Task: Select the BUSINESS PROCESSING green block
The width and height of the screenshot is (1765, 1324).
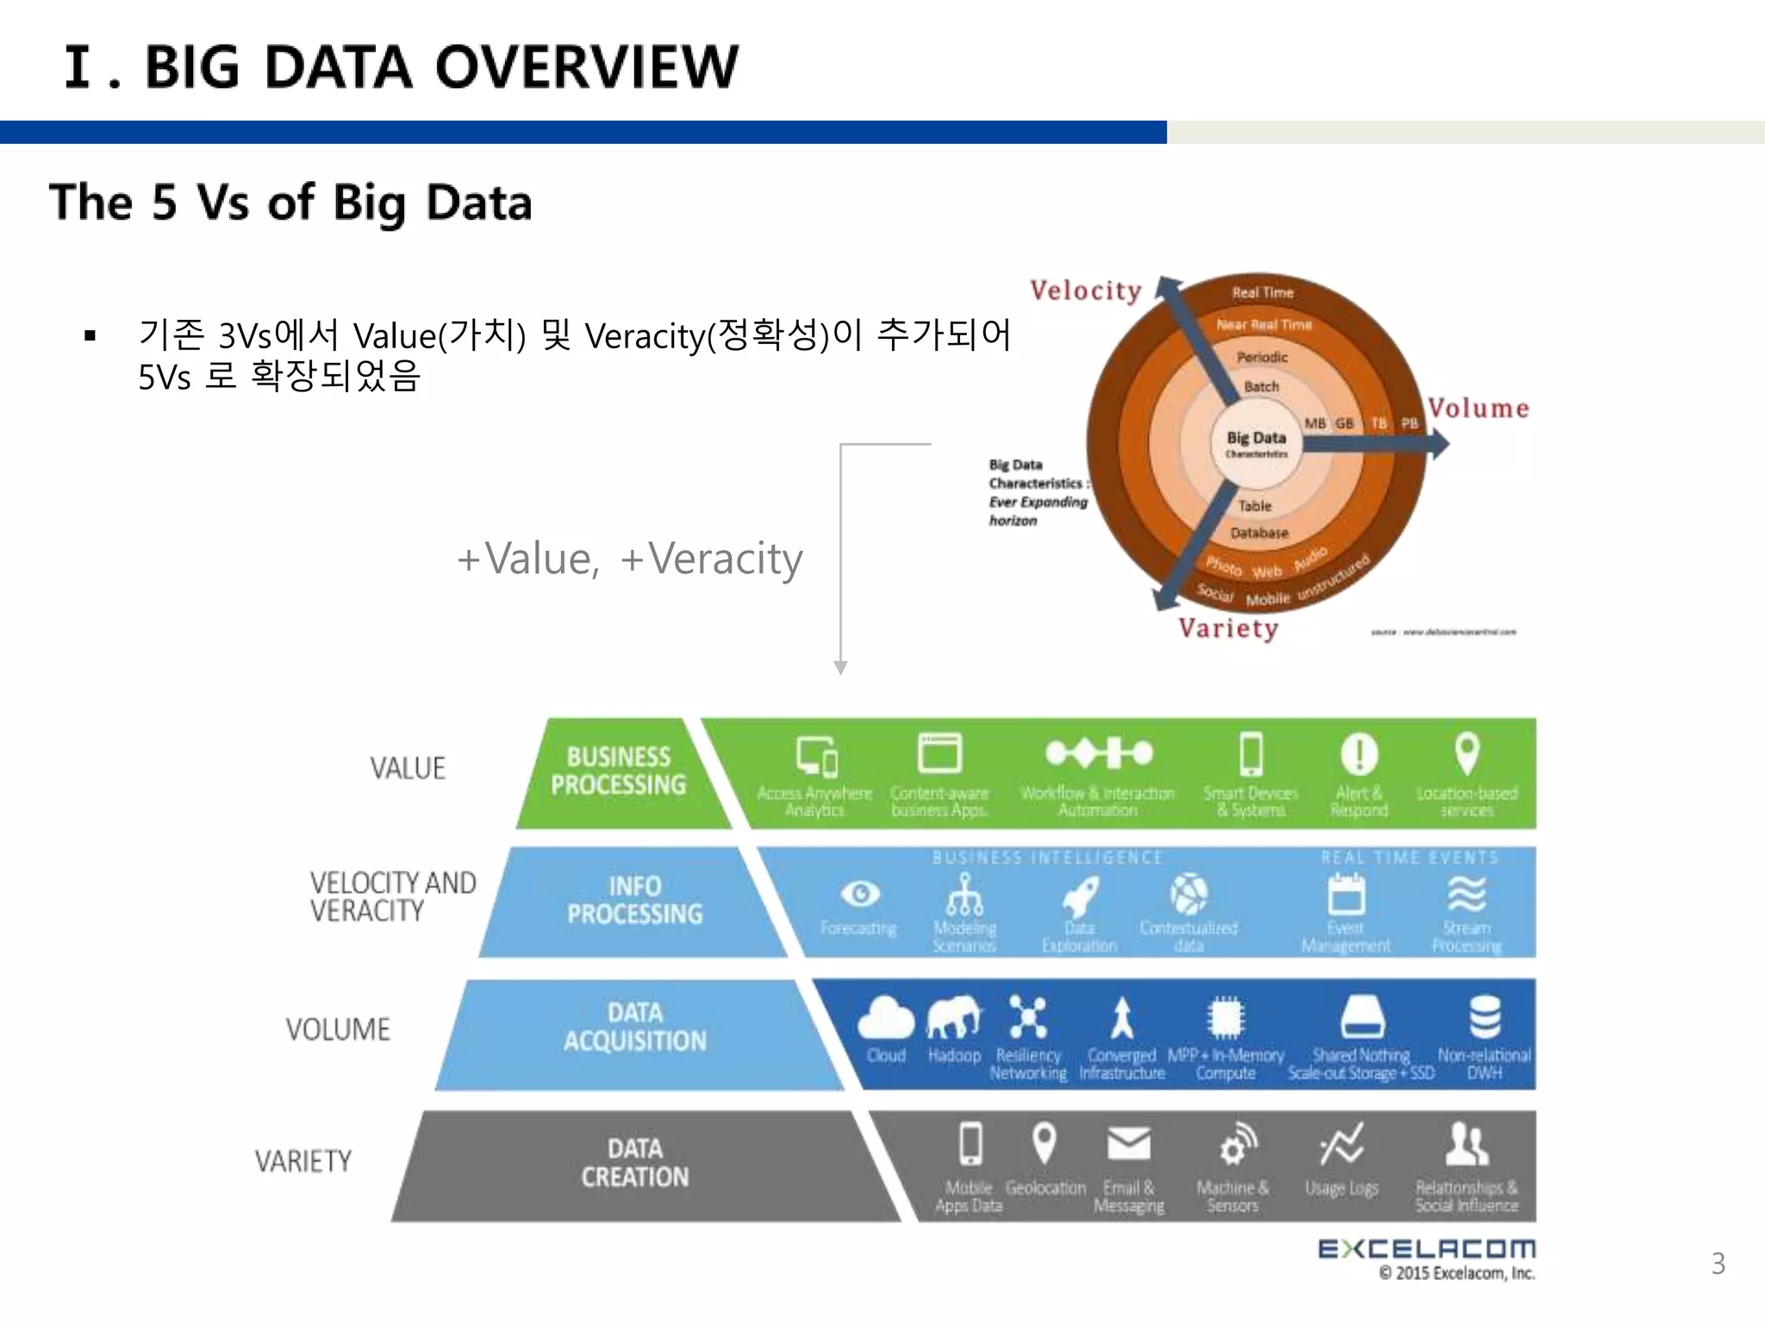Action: click(x=618, y=771)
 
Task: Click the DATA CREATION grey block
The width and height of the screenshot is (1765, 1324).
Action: click(x=635, y=1164)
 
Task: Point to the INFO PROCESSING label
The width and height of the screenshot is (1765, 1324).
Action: click(x=635, y=901)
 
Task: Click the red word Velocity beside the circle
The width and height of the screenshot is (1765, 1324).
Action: click(x=1085, y=290)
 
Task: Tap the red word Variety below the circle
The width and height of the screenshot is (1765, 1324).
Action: click(x=1228, y=628)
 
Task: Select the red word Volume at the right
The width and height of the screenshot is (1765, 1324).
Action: click(x=1478, y=408)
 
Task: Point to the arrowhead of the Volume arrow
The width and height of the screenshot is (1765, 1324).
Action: click(x=1440, y=445)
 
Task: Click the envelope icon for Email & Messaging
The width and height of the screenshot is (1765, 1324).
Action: click(x=1128, y=1145)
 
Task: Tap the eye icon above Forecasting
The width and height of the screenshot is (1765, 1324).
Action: click(x=859, y=894)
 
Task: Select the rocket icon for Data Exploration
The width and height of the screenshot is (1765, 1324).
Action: click(x=1080, y=896)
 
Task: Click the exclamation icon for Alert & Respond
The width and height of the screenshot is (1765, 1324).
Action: click(x=1359, y=753)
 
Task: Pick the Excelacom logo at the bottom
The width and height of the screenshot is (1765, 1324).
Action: click(x=1426, y=1250)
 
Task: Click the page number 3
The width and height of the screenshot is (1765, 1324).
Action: click(x=1718, y=1264)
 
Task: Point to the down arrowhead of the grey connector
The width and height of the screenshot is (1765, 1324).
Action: click(x=840, y=668)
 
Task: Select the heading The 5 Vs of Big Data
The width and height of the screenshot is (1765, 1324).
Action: click(x=290, y=203)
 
